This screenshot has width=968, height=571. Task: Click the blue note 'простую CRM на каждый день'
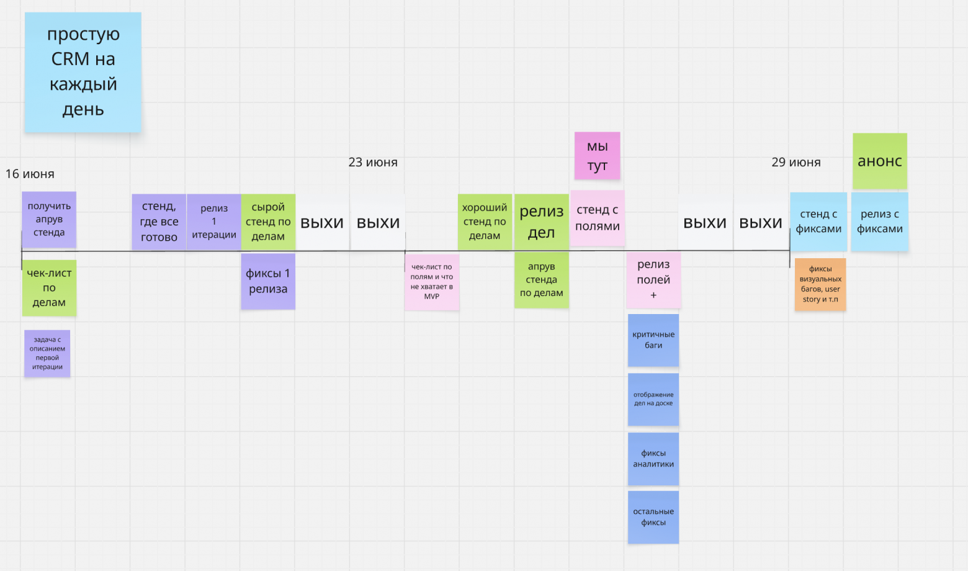pos(83,72)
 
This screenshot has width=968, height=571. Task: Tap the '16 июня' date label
pos(30,174)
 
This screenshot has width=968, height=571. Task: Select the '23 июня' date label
pos(373,162)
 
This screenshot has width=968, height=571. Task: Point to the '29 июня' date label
pos(796,162)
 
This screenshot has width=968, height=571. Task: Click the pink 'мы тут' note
pos(597,156)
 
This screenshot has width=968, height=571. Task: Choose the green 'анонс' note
pos(879,161)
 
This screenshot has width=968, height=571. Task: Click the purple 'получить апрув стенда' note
pos(49,219)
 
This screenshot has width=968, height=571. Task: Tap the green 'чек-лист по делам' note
pos(49,288)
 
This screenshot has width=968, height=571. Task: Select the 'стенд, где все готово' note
pos(159,222)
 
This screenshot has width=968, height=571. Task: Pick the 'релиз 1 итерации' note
pos(214,222)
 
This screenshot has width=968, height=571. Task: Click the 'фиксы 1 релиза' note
pos(268,281)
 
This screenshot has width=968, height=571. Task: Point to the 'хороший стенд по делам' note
pos(485,222)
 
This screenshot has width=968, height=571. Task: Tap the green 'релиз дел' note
pos(541,222)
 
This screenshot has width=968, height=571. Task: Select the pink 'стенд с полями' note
pos(597,218)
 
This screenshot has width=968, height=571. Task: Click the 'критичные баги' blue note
pos(653,339)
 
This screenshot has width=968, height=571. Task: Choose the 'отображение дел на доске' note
pos(653,399)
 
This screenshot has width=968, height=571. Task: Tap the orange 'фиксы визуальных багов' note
pos(820,284)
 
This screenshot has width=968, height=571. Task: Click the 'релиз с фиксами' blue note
pos(879,222)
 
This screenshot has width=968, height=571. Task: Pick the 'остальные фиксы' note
pos(653,517)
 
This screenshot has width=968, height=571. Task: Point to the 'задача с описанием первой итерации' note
pos(47,353)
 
